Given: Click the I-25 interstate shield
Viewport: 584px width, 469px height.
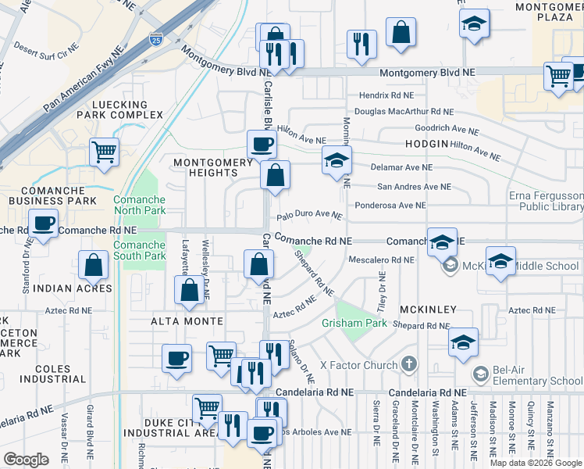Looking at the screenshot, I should point(157,38).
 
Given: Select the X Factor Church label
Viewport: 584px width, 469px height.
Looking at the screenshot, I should point(358,365).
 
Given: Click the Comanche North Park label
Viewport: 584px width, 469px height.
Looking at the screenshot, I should point(139,205).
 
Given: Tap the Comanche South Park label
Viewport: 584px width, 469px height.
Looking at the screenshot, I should point(139,250).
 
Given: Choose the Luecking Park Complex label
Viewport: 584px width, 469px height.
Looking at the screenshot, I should point(119,109).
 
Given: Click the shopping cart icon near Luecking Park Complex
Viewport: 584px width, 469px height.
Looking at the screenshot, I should point(104,152).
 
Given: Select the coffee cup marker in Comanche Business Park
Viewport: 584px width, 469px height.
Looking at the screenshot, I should point(44,224).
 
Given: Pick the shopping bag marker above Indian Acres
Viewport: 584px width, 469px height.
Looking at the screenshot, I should point(94,265).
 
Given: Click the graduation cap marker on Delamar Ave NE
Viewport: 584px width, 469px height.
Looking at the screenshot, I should point(337,161).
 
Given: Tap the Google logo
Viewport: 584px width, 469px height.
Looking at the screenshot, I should point(26,460).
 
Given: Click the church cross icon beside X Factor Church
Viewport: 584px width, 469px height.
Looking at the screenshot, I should point(408,364).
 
